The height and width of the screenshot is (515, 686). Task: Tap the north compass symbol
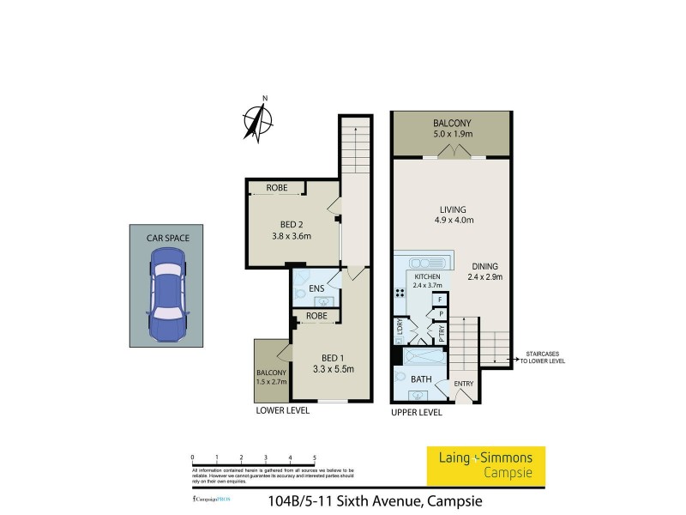tap(256, 119)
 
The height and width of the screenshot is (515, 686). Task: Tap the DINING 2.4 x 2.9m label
tap(484, 271)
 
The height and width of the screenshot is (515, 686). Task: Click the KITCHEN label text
tap(426, 277)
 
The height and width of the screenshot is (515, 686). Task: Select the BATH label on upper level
tap(420, 379)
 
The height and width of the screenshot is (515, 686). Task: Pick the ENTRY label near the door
tap(463, 384)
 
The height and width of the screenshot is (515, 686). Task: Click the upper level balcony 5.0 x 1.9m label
tap(452, 129)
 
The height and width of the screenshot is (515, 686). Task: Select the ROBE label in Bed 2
tap(275, 187)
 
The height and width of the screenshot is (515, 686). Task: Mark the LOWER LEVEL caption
tap(283, 411)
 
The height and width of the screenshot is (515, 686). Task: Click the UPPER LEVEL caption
tap(416, 412)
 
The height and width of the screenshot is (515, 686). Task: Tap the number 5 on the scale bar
tap(315, 457)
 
